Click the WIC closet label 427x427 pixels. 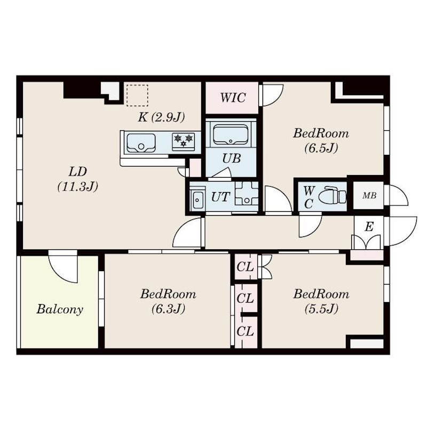point(233,98)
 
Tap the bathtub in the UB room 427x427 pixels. point(231,135)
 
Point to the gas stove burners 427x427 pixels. point(183,141)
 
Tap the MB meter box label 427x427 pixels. point(369,196)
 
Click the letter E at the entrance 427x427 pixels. point(368,226)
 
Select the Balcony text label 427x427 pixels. point(60,310)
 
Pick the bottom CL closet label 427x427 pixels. point(245,331)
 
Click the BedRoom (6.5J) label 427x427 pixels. point(320,140)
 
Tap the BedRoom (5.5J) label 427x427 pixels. point(321,301)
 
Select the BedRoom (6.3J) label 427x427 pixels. point(168,301)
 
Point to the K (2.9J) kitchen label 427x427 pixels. point(161,117)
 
